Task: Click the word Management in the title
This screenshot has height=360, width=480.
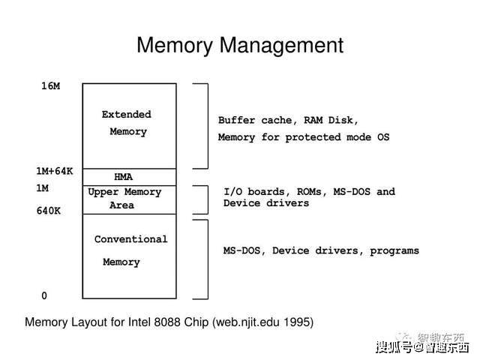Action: tap(281, 46)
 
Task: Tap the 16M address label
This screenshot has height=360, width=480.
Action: tap(51, 86)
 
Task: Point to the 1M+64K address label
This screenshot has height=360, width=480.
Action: tap(55, 171)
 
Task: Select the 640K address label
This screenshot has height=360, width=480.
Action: tap(49, 211)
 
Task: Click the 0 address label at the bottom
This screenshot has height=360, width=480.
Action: tap(44, 295)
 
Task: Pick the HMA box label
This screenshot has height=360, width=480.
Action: tap(123, 177)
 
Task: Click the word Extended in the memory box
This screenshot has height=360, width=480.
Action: tap(127, 115)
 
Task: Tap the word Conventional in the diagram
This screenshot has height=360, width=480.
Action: tap(131, 239)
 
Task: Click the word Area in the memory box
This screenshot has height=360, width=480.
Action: tap(121, 205)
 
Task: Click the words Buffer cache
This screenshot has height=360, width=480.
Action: tap(255, 120)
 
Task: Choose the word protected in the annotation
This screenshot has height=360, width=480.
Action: tap(313, 137)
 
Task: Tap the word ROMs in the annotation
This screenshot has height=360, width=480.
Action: tap(309, 192)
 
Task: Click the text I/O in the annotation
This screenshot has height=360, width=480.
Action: tap(233, 192)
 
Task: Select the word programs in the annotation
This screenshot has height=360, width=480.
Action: tap(394, 251)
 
